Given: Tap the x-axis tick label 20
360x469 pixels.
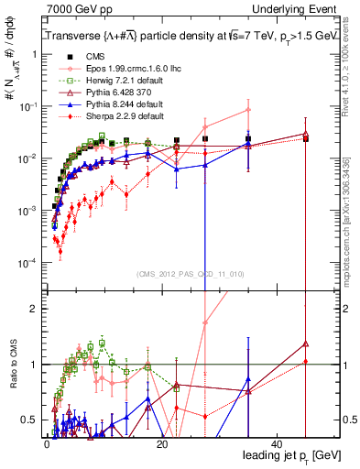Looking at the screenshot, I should pos(162,443).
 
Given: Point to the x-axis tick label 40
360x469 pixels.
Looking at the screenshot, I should pos(278,443).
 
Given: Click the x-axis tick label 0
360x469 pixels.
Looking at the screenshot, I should pos(47,443).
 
